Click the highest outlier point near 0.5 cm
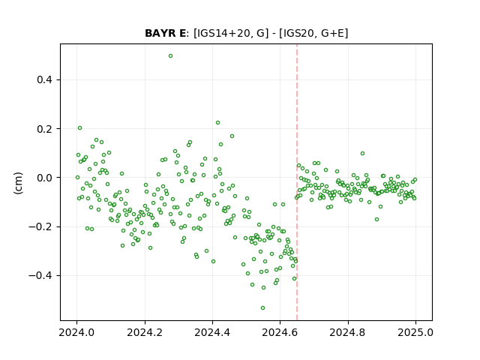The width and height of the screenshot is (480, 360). (170, 56)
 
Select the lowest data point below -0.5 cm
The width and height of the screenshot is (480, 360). (262, 308)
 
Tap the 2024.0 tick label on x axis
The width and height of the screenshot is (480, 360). (76, 332)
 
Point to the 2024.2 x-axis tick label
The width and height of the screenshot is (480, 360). (145, 332)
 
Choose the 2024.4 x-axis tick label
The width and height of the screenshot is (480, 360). (212, 332)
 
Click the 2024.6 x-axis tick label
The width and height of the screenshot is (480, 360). (280, 332)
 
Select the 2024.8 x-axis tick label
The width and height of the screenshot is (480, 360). (348, 332)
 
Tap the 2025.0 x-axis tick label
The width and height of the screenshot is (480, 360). (415, 332)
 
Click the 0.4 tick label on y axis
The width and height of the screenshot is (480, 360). (45, 80)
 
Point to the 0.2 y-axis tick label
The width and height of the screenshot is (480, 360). (45, 129)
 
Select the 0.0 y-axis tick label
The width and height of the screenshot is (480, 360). (45, 178)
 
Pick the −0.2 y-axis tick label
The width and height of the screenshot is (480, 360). (40, 226)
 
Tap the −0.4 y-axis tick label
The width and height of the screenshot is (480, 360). (40, 276)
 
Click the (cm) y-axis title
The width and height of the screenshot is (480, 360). (18, 183)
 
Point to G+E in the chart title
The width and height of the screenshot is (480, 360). (332, 33)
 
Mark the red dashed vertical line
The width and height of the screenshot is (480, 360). (297, 182)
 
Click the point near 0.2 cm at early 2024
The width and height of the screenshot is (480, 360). (80, 128)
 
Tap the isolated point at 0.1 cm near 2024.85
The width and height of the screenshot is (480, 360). (362, 153)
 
